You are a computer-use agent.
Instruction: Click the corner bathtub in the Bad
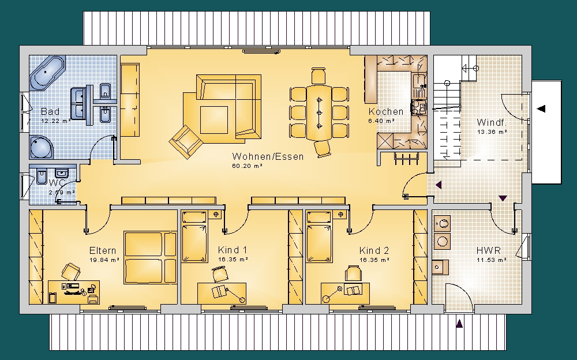click(47, 73)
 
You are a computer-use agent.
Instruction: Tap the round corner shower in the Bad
click(41, 147)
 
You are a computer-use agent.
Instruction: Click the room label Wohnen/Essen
click(268, 156)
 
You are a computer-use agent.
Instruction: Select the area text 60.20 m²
click(247, 166)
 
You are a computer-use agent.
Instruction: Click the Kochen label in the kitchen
click(386, 111)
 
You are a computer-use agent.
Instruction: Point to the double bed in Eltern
click(151, 257)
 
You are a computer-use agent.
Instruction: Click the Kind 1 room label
click(232, 250)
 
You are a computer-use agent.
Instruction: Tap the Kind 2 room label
click(374, 251)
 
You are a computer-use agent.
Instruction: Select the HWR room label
click(488, 251)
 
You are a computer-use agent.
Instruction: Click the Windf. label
click(491, 122)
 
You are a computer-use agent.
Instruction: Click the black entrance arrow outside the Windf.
click(541, 108)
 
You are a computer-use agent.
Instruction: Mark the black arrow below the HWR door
click(459, 324)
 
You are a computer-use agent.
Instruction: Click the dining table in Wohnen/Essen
click(319, 112)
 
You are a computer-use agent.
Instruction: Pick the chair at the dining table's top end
click(319, 76)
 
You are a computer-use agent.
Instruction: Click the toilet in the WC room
click(41, 178)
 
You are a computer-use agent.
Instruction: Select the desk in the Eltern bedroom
click(74, 292)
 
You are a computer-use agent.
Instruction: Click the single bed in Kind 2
click(320, 237)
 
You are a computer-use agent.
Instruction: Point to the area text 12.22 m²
click(56, 121)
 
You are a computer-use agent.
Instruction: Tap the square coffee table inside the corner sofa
click(214, 120)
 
